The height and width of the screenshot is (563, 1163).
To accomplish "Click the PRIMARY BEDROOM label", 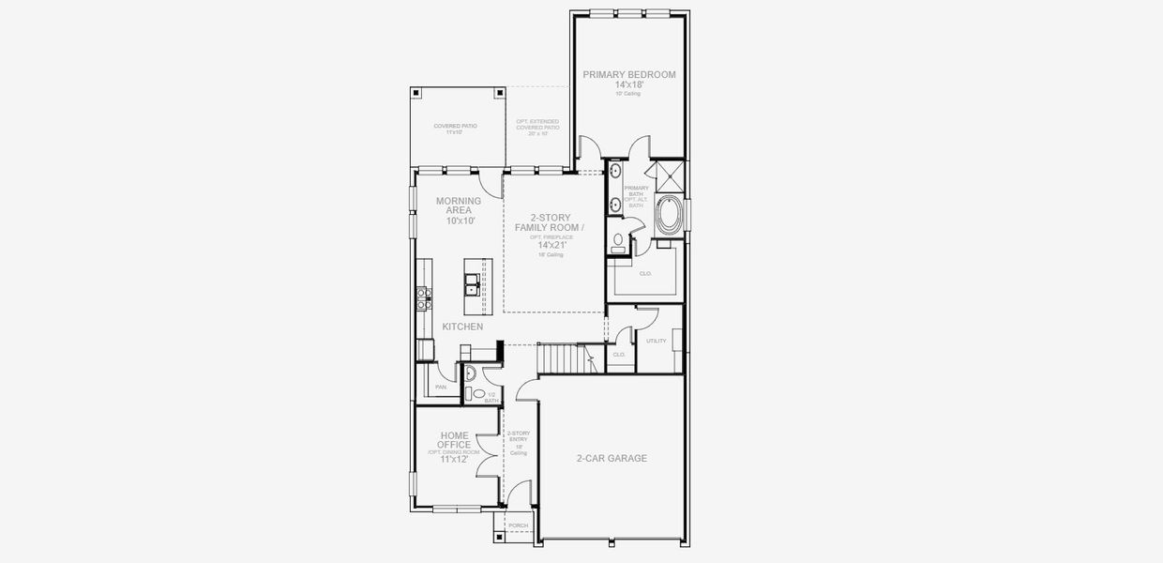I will point(629,74).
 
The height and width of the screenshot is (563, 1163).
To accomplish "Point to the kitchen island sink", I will point(472,285).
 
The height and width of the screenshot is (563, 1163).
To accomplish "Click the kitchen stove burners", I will point(423,297).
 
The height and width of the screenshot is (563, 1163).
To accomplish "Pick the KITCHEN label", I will point(462,327).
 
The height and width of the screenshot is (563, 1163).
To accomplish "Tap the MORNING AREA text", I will point(459,205).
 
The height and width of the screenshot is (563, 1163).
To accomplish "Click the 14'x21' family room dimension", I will point(552,245).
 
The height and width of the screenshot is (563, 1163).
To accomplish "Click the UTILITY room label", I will point(656,341).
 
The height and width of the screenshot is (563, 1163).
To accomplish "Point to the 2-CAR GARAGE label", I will point(612,459).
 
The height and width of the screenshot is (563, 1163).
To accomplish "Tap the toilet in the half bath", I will point(475,395).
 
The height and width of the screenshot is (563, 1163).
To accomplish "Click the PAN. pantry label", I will point(441,387).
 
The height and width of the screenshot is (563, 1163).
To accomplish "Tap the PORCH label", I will point(518,525).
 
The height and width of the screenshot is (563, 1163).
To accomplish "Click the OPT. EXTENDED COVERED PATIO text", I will point(537,127).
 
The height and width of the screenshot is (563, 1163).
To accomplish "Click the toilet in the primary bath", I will point(617,241).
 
